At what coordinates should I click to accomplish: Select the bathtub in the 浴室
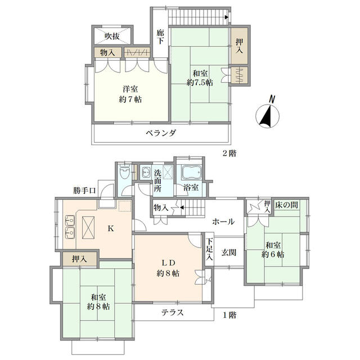coord(191,172)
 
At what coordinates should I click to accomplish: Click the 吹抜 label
coord(112,36)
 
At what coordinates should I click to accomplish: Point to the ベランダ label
coord(161,133)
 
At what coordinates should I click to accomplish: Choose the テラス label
coord(173,313)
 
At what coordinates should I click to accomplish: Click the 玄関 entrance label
coord(229,253)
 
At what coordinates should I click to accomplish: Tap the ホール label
coord(223,222)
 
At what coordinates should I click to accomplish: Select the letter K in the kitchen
coord(111,228)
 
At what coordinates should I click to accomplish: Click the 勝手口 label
coord(84,190)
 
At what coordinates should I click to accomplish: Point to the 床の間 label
coord(286,205)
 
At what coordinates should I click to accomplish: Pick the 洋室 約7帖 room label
coord(130,94)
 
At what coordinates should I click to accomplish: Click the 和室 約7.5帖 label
coord(200,78)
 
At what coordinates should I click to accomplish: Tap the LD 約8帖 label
coord(168,268)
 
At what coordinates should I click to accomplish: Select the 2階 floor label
coord(229,153)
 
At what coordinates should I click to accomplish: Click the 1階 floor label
coord(229,315)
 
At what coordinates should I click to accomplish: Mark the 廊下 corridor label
coord(160,37)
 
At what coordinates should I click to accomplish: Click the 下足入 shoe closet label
coord(209,249)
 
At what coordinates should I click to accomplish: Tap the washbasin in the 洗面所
coord(145,172)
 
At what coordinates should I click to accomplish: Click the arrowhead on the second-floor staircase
coord(227,17)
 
